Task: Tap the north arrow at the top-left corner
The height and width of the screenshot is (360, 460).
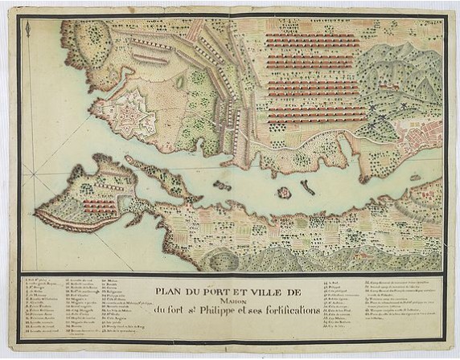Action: point(28,31)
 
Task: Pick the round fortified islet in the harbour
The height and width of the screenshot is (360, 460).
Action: point(283,193)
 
